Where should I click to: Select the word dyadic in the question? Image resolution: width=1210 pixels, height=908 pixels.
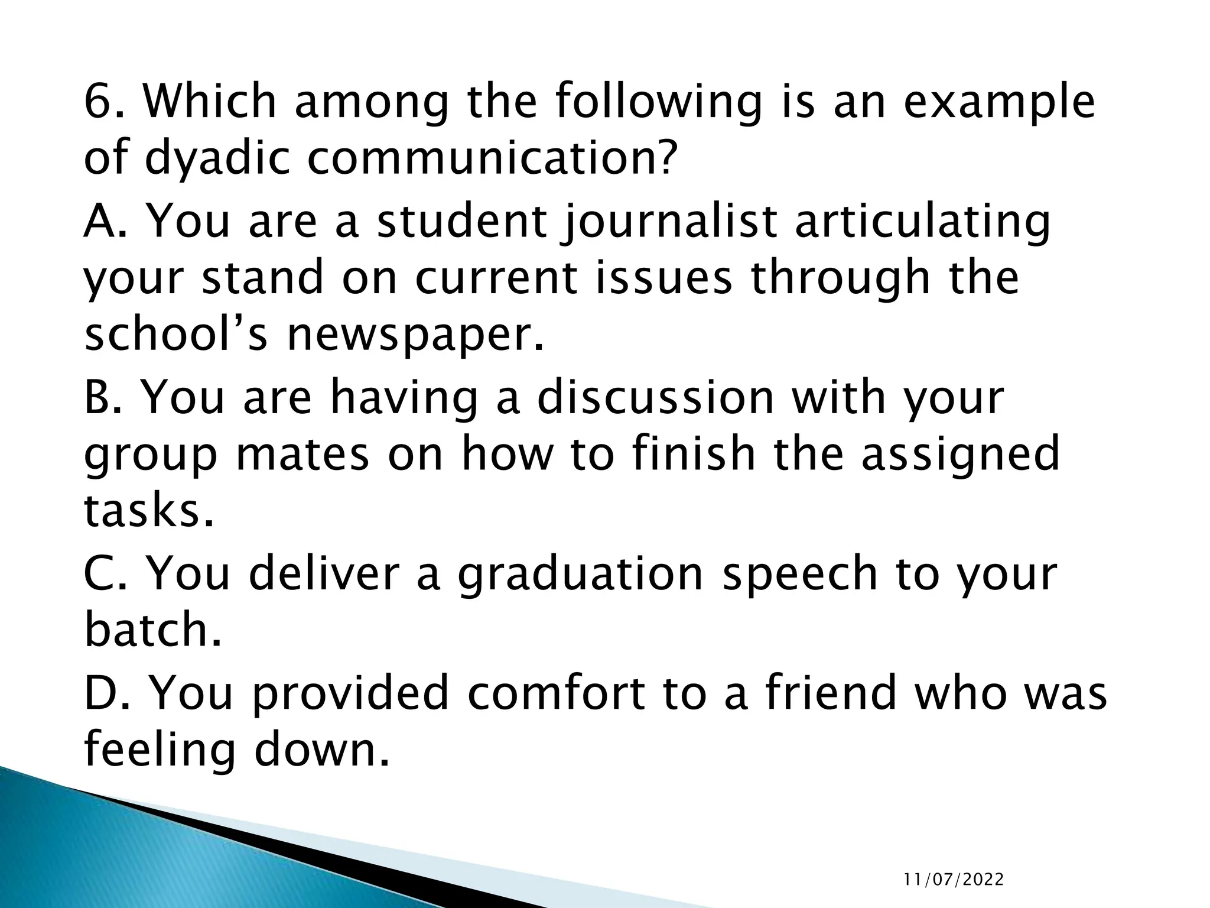click(217, 158)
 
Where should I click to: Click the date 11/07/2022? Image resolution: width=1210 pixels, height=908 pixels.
click(953, 880)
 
